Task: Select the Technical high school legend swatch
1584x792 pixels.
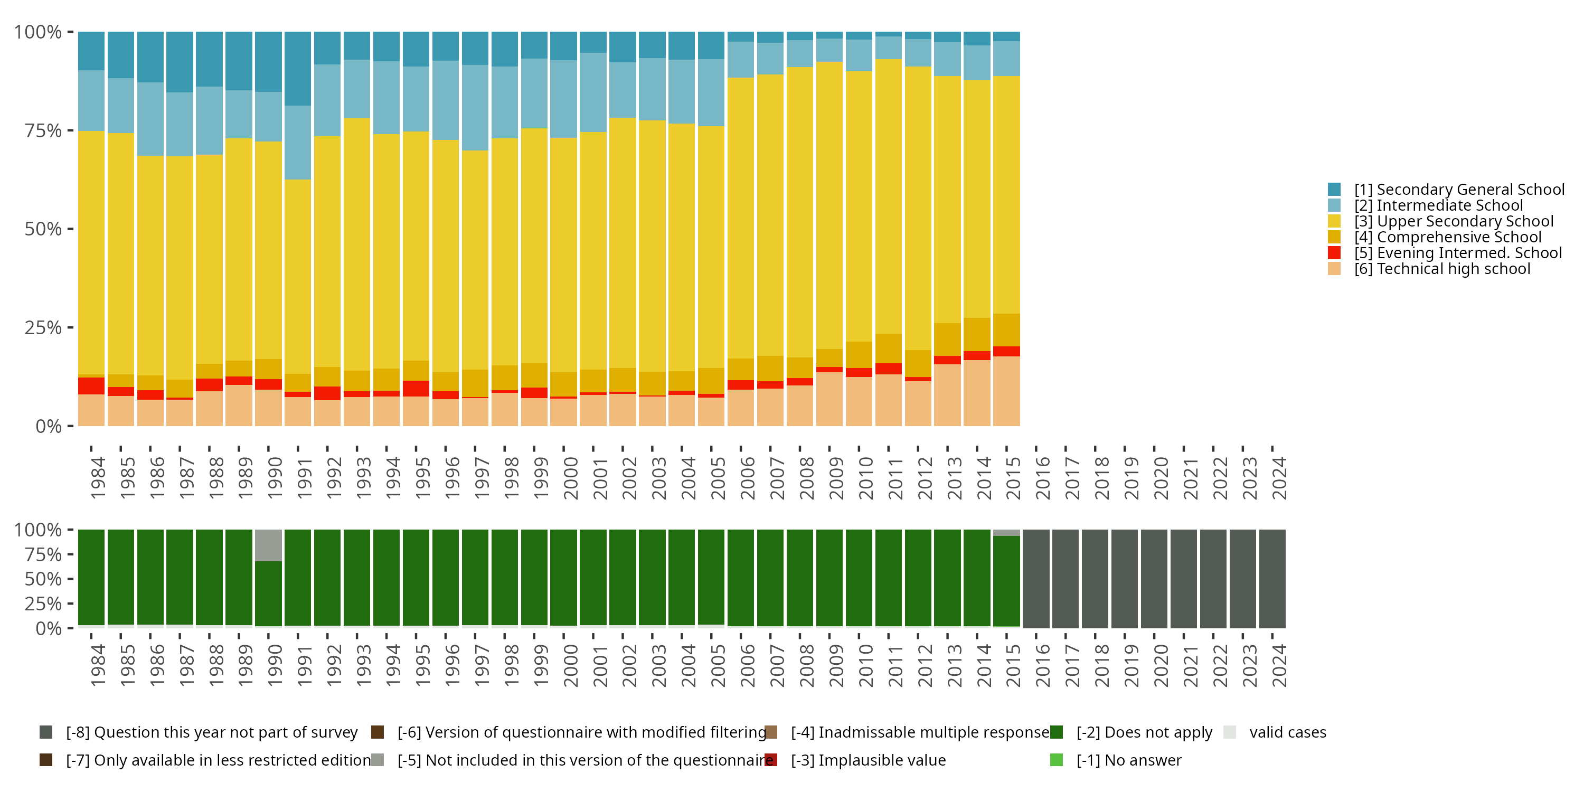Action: (x=1334, y=269)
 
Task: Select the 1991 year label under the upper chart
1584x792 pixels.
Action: (x=304, y=478)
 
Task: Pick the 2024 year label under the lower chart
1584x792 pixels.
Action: (x=1279, y=665)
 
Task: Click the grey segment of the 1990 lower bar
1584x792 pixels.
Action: (x=268, y=545)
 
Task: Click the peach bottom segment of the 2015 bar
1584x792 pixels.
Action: (x=1006, y=391)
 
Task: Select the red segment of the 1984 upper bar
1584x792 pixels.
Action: (x=91, y=385)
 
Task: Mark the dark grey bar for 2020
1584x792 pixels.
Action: (x=1154, y=579)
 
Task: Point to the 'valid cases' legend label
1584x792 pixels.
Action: (x=1287, y=732)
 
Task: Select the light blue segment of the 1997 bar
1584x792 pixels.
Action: (x=475, y=108)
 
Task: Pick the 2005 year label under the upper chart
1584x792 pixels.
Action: (x=718, y=478)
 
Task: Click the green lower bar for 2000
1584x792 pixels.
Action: (x=563, y=578)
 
